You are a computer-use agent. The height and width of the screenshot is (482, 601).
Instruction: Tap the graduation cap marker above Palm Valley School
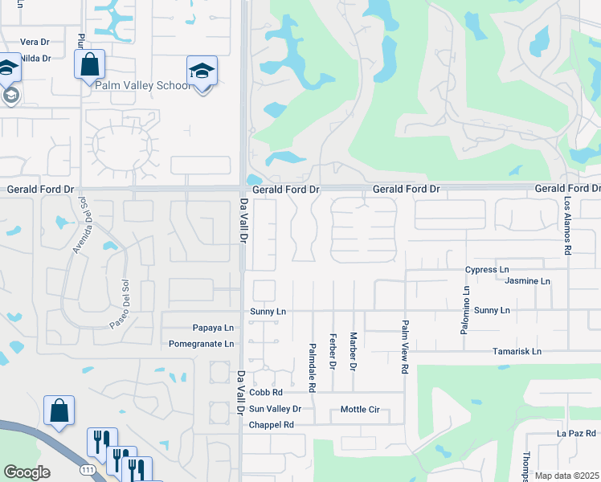click(202, 71)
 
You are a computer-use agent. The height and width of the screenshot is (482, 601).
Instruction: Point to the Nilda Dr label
click(35, 59)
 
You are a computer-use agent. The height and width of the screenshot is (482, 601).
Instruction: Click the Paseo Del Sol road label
click(119, 295)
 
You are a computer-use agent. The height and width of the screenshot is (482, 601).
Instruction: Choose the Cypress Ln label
click(487, 270)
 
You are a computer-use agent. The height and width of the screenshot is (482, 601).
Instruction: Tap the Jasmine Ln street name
click(527, 281)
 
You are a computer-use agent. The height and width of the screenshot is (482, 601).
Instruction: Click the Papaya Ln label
click(213, 328)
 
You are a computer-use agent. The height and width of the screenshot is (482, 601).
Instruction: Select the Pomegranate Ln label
click(201, 344)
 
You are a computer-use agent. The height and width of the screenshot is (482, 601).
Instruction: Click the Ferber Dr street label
click(332, 351)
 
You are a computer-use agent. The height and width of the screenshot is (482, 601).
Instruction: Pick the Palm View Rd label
click(405, 346)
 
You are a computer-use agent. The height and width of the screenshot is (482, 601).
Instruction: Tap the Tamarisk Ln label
click(517, 352)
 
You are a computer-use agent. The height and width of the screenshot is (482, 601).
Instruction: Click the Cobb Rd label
click(266, 392)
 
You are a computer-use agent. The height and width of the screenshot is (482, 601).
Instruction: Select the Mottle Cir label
click(359, 409)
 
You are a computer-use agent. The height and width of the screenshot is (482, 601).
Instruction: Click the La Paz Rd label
click(574, 433)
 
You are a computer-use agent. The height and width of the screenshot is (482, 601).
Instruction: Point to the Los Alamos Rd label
click(566, 227)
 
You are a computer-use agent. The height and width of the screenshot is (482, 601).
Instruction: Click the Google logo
click(27, 472)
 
